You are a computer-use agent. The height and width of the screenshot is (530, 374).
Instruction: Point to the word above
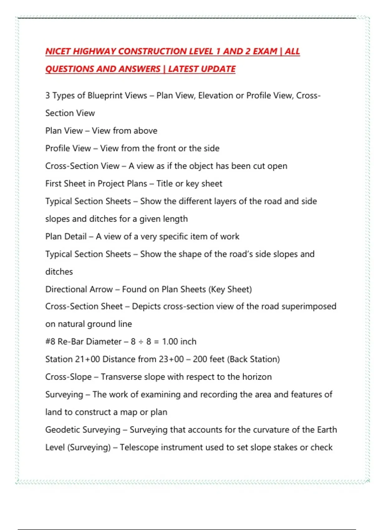pos(145,131)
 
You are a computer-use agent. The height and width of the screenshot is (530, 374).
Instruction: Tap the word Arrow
pos(101,289)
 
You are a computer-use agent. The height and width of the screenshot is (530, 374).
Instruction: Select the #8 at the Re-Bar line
pos(50,342)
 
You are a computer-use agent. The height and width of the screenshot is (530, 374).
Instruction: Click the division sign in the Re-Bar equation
pos(141,342)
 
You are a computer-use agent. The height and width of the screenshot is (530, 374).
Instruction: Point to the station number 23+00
pos(171,359)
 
